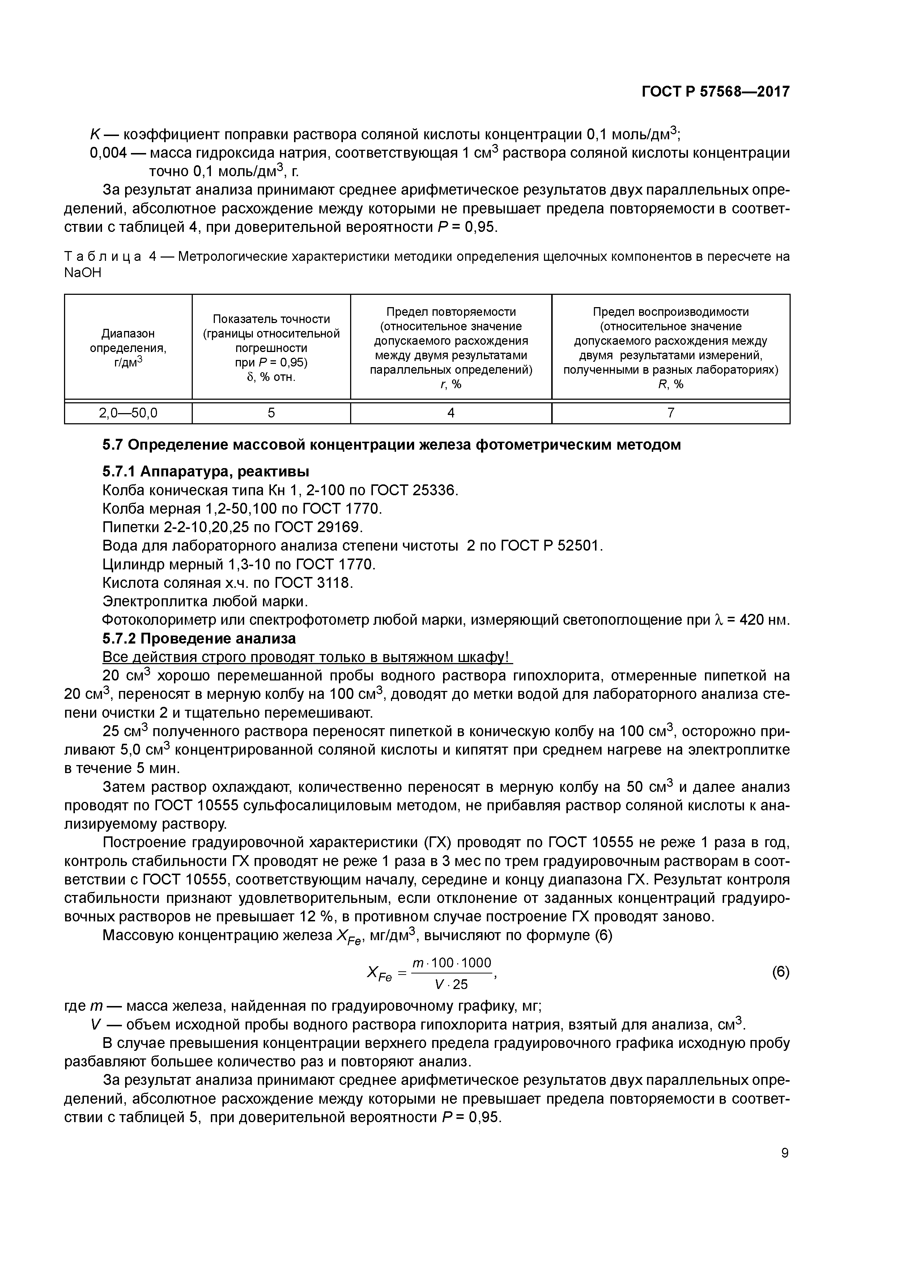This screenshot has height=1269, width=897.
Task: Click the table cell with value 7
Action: click(671, 413)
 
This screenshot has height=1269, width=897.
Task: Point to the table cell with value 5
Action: click(271, 413)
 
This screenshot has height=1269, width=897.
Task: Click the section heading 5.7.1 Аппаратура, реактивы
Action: click(205, 471)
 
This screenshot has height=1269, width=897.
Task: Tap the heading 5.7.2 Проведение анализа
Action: click(199, 638)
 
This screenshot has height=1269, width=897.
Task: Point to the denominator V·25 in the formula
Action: click(451, 984)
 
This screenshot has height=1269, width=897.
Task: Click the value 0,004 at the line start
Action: click(108, 153)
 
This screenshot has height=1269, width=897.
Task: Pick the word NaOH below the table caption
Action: click(83, 273)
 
